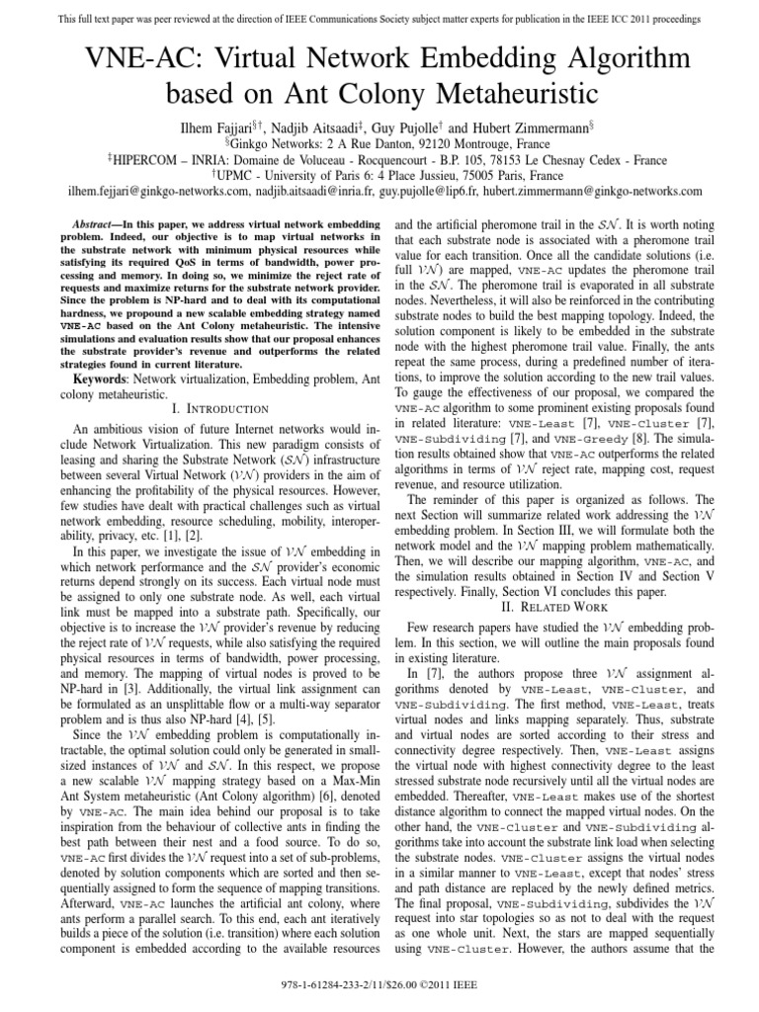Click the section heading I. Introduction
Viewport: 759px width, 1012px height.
198,408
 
